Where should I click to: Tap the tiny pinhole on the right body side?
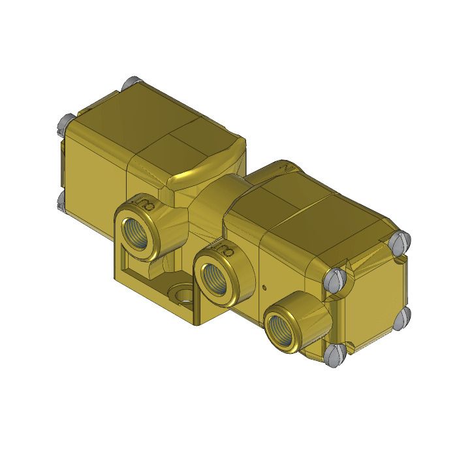[x=264, y=286]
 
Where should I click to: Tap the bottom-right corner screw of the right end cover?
[x=403, y=318]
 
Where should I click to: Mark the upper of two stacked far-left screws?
[x=66, y=121]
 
